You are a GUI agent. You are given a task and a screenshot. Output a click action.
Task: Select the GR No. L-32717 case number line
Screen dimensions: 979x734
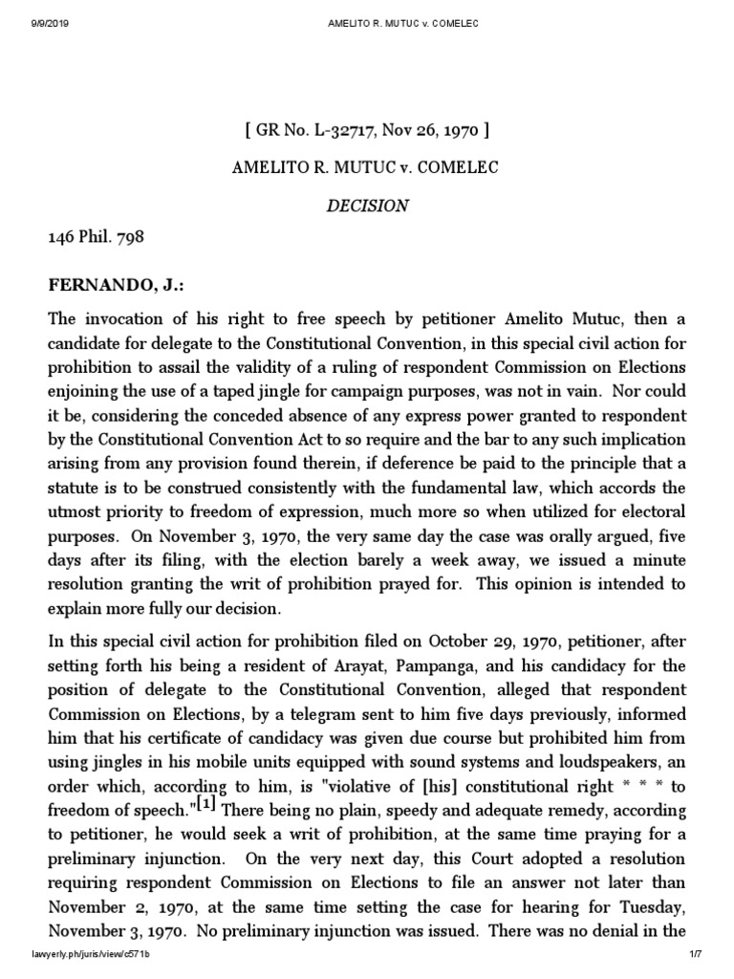368,130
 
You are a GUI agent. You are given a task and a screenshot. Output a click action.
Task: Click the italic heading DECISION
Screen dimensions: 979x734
368,206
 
